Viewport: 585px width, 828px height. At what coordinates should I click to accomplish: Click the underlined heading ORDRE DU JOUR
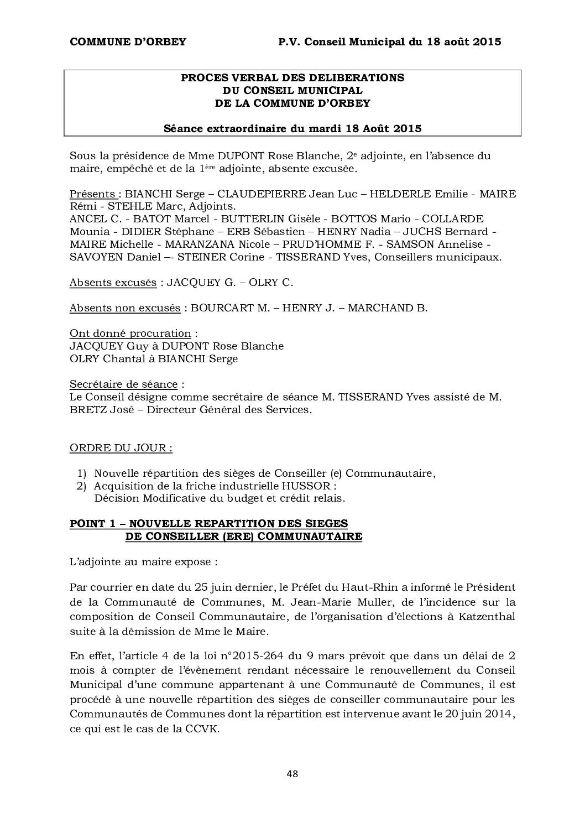point(121,448)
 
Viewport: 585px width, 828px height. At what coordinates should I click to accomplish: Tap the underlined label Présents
point(92,194)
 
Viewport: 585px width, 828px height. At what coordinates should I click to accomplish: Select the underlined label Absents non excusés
point(124,308)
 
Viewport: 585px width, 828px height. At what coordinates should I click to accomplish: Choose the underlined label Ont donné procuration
point(130,333)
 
